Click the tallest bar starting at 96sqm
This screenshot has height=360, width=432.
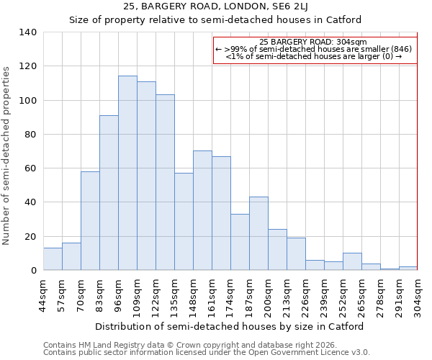pos(127,173)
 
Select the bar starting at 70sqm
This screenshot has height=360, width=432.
pos(90,220)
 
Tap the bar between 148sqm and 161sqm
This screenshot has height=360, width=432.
pos(202,210)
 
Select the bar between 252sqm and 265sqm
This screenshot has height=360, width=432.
pos(352,262)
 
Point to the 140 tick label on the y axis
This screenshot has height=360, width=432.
pos(27,32)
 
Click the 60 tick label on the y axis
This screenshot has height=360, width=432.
pos(30,168)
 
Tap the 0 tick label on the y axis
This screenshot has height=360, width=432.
pos(32,271)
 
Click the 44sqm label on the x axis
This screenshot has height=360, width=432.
pos(43,292)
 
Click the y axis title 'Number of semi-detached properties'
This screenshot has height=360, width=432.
pos(7,155)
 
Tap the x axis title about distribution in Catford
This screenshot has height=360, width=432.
pos(229,326)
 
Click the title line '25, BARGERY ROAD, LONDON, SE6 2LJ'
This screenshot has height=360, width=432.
pos(215,6)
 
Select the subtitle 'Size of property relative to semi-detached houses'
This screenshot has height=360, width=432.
pos(215,20)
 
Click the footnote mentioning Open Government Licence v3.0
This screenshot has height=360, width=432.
pos(207,353)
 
